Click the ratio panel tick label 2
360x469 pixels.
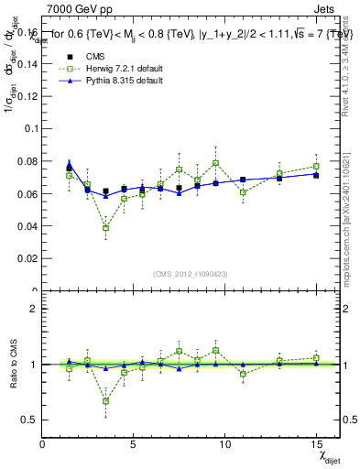coord(33,309)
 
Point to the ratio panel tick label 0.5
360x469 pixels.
coord(29,420)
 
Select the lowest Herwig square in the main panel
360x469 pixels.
coord(105,228)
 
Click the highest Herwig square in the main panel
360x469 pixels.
coord(215,163)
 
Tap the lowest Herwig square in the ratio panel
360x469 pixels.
coord(105,400)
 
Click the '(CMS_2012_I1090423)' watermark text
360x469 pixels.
coord(190,275)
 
